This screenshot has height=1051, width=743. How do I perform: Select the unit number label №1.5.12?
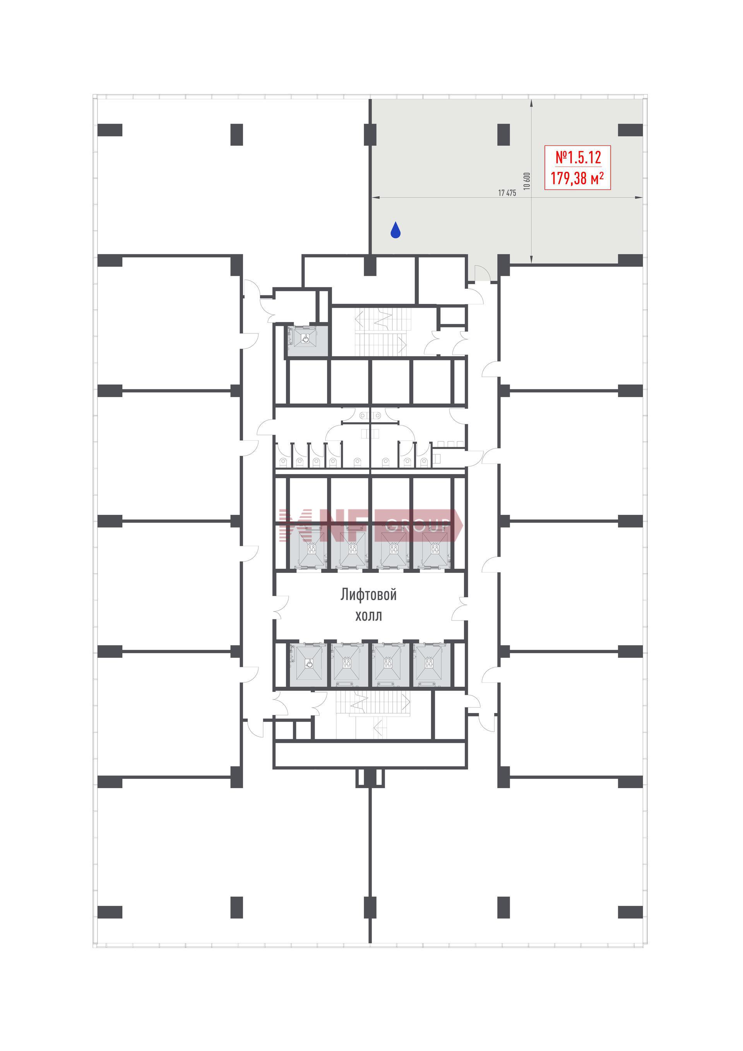578,158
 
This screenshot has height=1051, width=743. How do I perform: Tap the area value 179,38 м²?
577,178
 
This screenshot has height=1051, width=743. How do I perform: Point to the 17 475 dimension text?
507,193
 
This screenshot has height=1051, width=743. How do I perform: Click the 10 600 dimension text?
527,181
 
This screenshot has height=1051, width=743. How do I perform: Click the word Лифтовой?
368,595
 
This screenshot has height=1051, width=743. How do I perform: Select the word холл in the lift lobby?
369,616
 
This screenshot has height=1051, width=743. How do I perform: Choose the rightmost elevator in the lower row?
432,665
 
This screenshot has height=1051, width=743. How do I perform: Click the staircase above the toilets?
381,331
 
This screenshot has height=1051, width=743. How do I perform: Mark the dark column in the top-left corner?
110,130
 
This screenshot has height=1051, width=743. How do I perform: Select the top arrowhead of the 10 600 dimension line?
531,103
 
